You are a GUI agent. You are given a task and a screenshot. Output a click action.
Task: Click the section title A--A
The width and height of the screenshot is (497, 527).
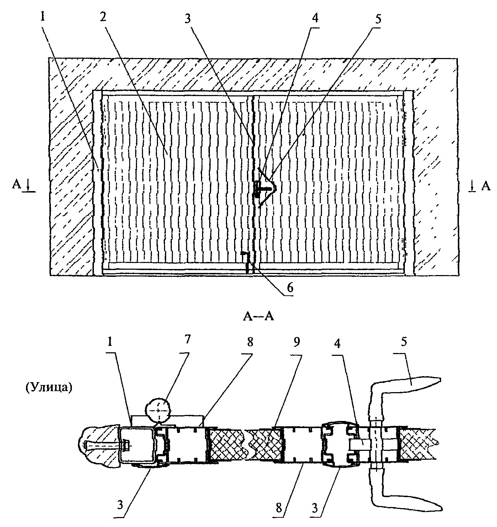click(258, 317)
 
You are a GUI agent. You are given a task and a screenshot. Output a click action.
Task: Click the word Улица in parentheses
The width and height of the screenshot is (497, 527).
click(48, 388)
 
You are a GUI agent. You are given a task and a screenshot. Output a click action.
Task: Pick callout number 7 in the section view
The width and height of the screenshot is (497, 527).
click(188, 339)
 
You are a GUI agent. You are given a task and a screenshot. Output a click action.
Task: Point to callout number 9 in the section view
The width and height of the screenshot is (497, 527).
click(297, 342)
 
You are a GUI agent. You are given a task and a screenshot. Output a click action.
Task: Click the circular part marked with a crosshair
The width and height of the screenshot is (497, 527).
click(158, 410)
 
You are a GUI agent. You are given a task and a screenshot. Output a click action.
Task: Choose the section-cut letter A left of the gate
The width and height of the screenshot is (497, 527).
click(16, 184)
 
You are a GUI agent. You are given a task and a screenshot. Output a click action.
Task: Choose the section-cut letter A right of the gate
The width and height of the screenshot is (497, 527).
click(486, 186)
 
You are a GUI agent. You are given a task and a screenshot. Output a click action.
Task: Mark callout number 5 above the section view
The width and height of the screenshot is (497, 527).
click(403, 342)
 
